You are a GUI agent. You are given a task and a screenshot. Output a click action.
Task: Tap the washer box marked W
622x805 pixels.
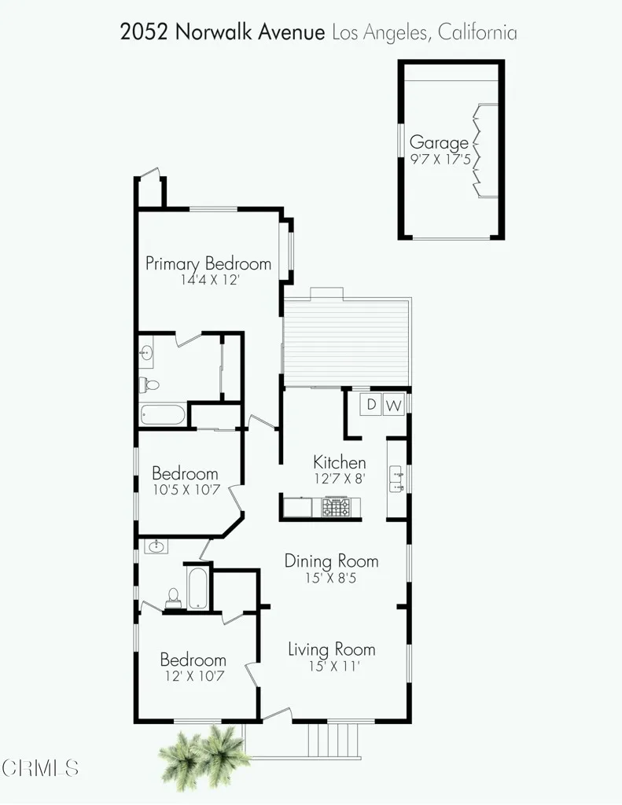click(x=394, y=406)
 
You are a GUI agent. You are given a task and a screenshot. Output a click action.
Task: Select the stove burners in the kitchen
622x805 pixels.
click(x=337, y=508)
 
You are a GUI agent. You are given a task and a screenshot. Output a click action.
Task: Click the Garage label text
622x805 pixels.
click(x=439, y=143)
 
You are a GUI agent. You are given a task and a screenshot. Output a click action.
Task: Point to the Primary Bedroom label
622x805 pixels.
click(x=208, y=263)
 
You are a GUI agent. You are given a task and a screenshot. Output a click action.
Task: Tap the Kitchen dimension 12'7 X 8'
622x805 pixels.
click(x=339, y=477)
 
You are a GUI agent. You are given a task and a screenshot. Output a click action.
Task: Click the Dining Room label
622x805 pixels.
click(x=331, y=561)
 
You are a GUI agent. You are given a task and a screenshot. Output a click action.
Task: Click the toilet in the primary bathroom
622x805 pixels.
click(x=149, y=385)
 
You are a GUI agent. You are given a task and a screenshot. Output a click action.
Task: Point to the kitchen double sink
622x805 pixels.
click(x=396, y=480)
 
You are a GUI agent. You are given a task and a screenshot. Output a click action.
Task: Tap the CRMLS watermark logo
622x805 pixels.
click(x=39, y=767)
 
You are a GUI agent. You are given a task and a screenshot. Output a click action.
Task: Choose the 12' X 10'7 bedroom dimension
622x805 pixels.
click(x=193, y=675)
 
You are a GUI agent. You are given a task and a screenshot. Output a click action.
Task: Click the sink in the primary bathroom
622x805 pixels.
click(x=145, y=354)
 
